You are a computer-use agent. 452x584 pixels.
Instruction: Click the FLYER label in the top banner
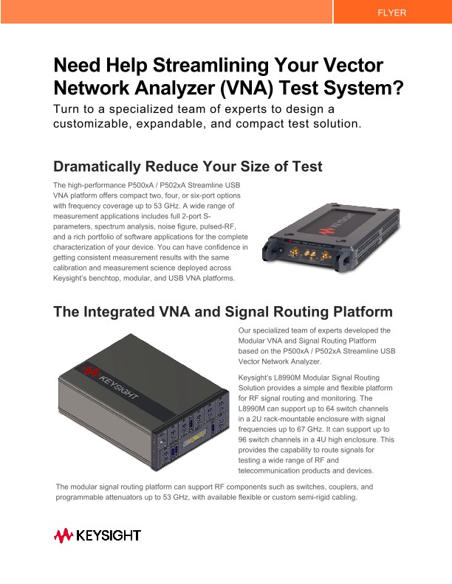point(391,13)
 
